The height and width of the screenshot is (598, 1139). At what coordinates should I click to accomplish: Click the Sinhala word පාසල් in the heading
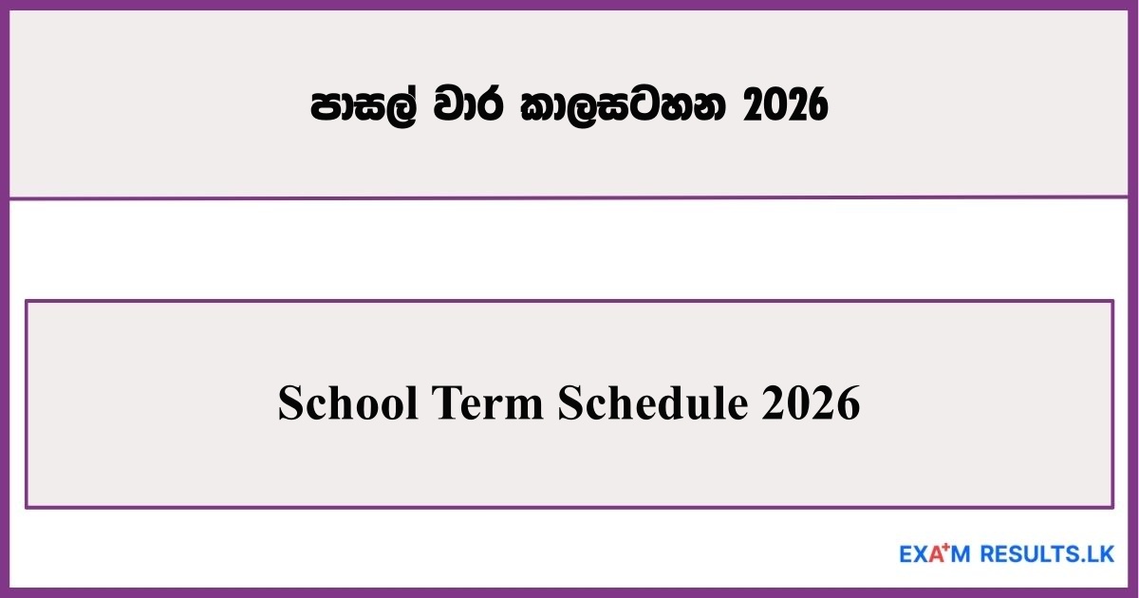point(365,108)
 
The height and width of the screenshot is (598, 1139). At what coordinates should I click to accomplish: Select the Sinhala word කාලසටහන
point(626,108)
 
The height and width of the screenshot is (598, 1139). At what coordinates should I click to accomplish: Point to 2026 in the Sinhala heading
point(785,108)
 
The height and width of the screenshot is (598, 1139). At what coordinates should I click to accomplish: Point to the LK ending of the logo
point(1101,553)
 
